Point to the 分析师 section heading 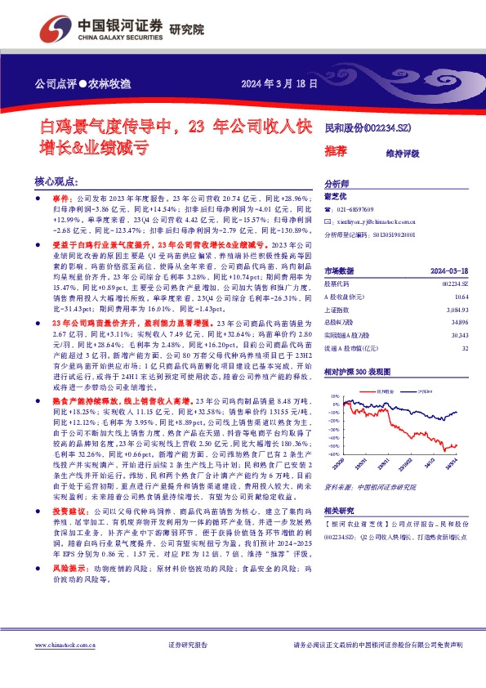pyautogui.click(x=337, y=184)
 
